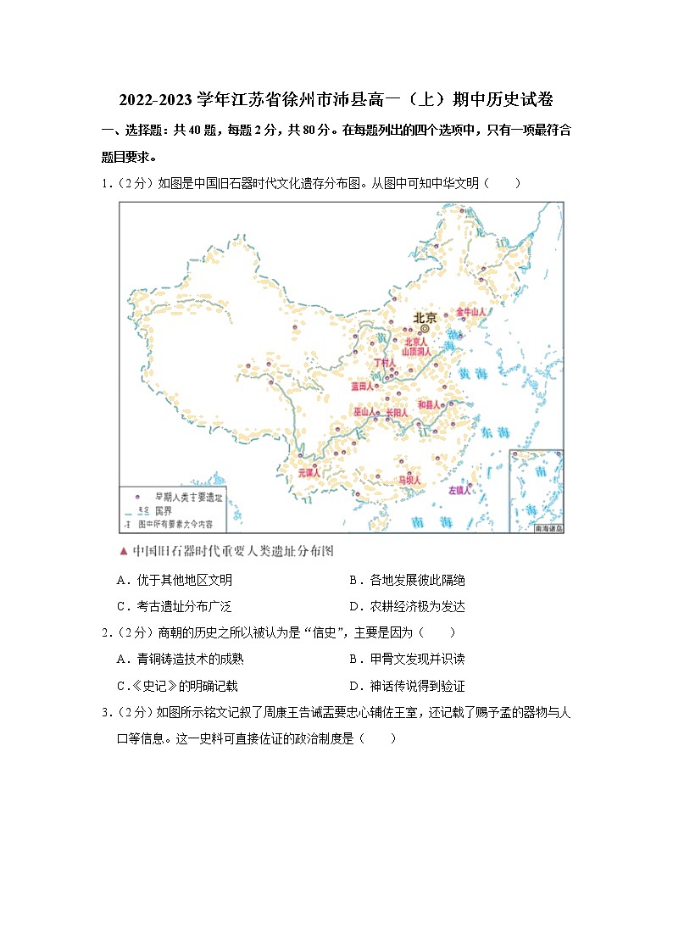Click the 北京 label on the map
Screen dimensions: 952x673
(425, 318)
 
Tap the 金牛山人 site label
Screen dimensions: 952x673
(471, 312)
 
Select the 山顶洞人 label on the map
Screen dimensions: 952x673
(416, 351)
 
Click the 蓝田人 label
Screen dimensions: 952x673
(363, 386)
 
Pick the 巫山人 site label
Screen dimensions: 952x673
(364, 412)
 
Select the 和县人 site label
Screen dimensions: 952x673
(431, 405)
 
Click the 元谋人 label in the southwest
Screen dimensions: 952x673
(308, 473)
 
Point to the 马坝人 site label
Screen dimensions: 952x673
(410, 481)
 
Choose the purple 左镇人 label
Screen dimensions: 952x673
(459, 490)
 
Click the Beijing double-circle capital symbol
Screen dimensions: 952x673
(425, 329)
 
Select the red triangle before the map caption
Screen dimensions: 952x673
(124, 551)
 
